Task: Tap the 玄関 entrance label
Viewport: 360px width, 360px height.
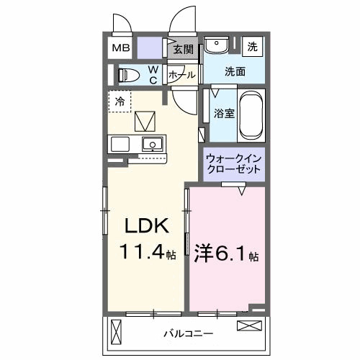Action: click(184, 50)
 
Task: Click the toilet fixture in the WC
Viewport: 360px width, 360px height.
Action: click(130, 74)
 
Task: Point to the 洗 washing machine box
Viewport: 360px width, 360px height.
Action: click(253, 47)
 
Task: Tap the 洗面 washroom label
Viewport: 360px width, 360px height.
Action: click(234, 71)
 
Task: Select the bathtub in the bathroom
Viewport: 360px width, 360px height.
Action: click(252, 115)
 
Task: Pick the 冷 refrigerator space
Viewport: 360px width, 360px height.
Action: click(120, 102)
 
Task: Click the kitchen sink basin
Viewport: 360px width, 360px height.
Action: click(152, 143)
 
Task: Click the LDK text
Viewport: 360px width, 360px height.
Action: click(148, 227)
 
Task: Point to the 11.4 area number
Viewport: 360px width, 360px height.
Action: click(144, 253)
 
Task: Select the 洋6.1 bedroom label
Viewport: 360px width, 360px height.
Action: click(227, 253)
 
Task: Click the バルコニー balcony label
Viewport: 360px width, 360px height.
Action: click(187, 334)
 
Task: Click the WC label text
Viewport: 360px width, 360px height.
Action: click(153, 74)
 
